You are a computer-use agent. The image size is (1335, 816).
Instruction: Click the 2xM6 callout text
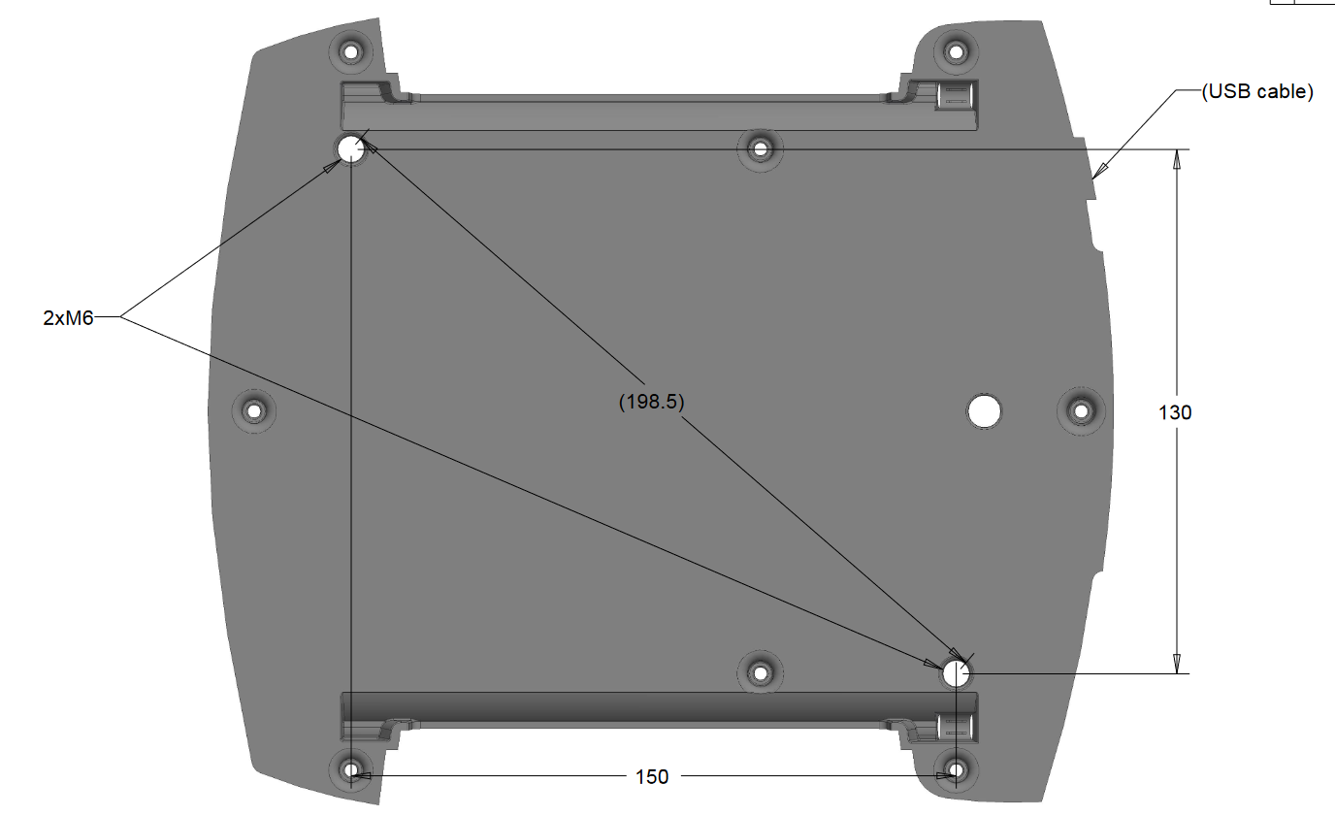pos(68,317)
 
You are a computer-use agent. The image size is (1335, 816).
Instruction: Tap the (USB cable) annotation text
pos(1256,92)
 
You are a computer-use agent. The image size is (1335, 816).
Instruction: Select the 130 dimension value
pos(1175,412)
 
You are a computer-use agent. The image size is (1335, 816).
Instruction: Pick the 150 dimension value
pos(652,776)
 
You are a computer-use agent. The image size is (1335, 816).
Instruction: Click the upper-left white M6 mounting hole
pos(350,149)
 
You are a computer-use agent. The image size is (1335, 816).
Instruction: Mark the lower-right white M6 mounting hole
pos(956,672)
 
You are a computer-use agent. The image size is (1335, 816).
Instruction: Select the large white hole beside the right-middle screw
pos(984,411)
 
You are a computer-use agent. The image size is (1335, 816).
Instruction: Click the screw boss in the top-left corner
pos(351,49)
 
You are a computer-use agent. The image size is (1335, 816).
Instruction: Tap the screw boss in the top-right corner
pos(956,50)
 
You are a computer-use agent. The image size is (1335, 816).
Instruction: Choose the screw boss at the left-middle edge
pos(255,410)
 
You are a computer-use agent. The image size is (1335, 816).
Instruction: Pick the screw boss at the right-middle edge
pos(1080,410)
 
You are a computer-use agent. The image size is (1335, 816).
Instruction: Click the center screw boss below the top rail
pos(760,149)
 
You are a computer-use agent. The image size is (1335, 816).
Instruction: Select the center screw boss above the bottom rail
pos(760,671)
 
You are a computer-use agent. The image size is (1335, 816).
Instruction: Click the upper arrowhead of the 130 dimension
pos(1177,158)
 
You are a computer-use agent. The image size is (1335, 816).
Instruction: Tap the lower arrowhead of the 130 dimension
pos(1177,664)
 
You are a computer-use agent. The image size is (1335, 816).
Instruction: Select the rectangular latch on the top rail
pos(955,96)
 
